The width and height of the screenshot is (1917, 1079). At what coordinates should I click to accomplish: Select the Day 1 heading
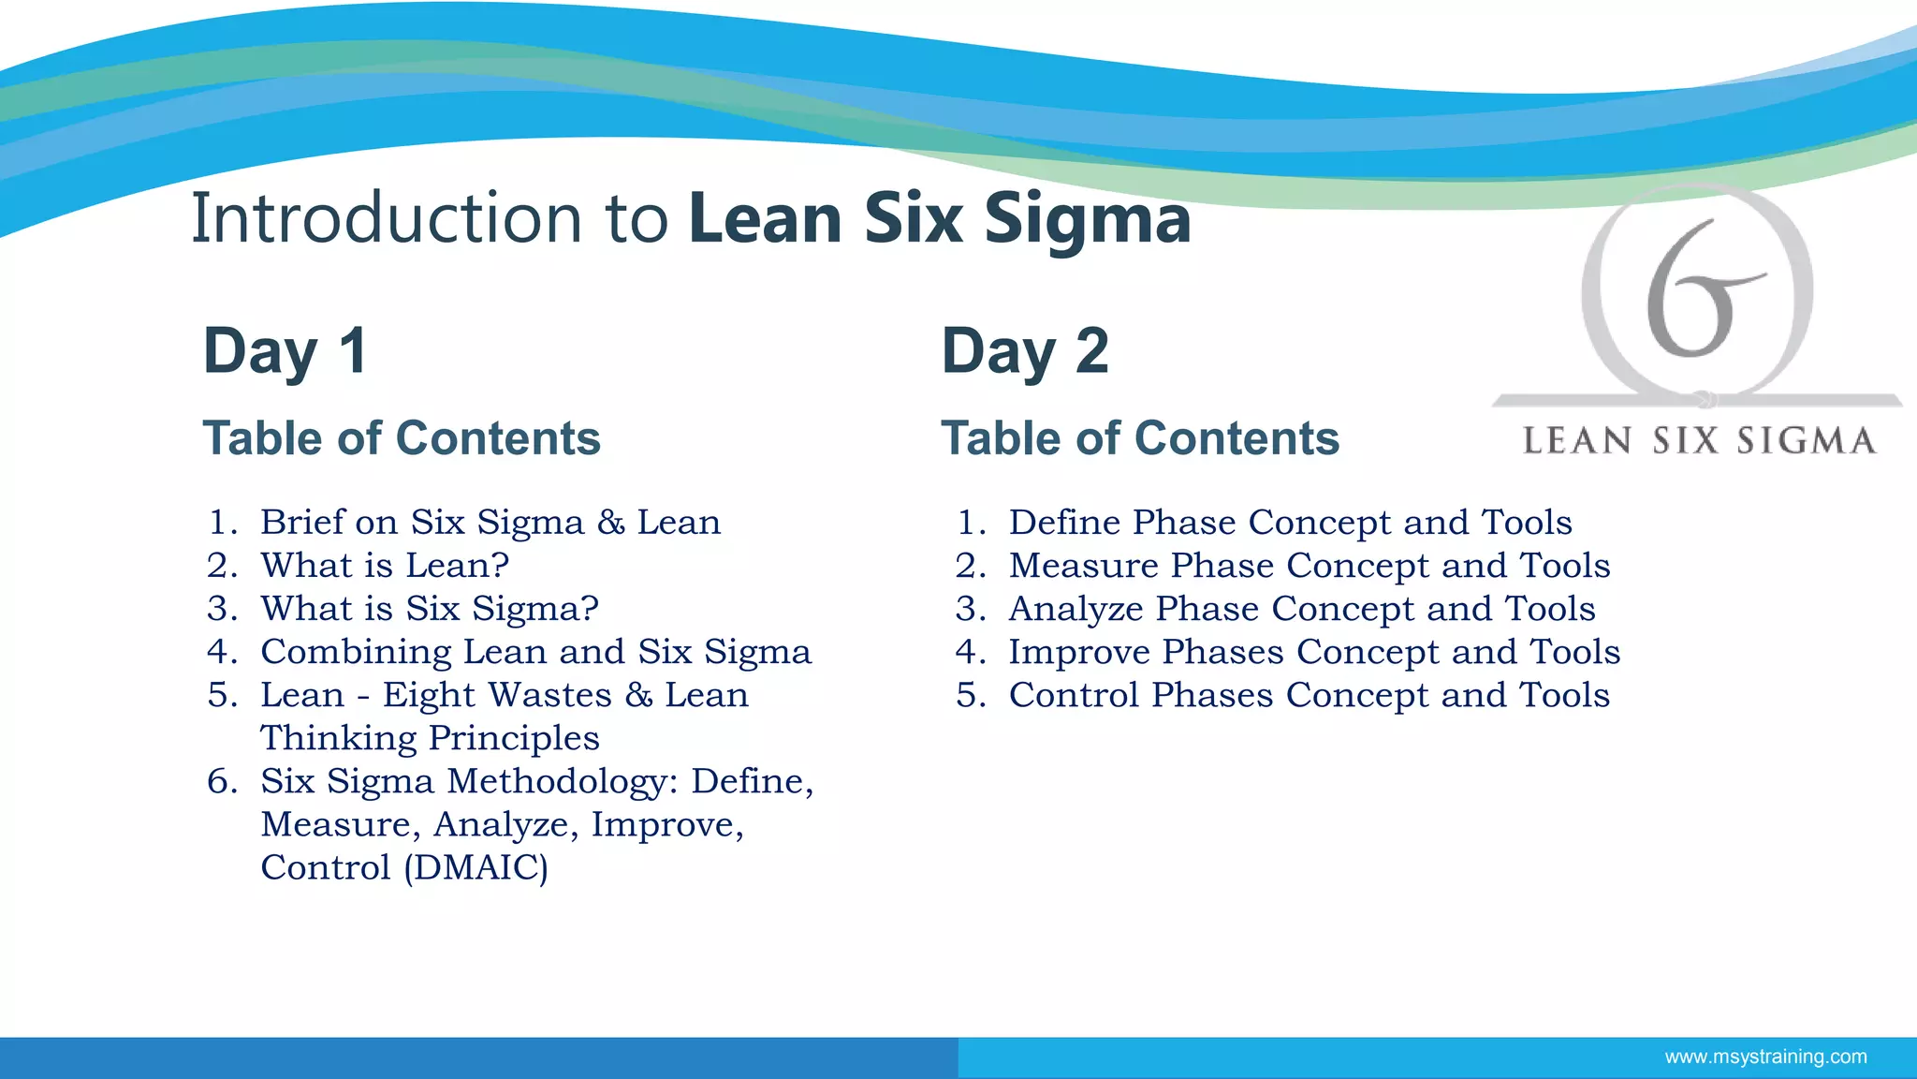click(285, 351)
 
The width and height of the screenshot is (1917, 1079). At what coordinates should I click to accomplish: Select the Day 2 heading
click(1025, 351)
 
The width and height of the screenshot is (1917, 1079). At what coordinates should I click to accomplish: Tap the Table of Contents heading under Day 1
click(402, 438)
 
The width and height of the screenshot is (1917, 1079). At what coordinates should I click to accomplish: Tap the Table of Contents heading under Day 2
click(1140, 438)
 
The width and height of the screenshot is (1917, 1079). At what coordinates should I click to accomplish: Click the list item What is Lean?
click(385, 566)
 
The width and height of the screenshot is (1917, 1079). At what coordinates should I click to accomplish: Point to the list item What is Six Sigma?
click(430, 609)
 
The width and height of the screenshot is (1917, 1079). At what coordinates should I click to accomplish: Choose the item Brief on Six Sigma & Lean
click(490, 523)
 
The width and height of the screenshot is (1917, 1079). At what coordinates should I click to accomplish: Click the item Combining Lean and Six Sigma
click(535, 652)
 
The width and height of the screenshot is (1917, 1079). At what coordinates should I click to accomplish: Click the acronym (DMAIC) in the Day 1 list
click(476, 867)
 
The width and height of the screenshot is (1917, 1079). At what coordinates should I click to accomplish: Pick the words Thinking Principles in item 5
click(430, 738)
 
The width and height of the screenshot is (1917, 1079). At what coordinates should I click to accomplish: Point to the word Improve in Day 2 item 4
click(1079, 652)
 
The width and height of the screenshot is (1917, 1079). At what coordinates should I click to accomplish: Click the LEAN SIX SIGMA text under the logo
click(1699, 441)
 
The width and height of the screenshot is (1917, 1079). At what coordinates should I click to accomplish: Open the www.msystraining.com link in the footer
click(1765, 1057)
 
